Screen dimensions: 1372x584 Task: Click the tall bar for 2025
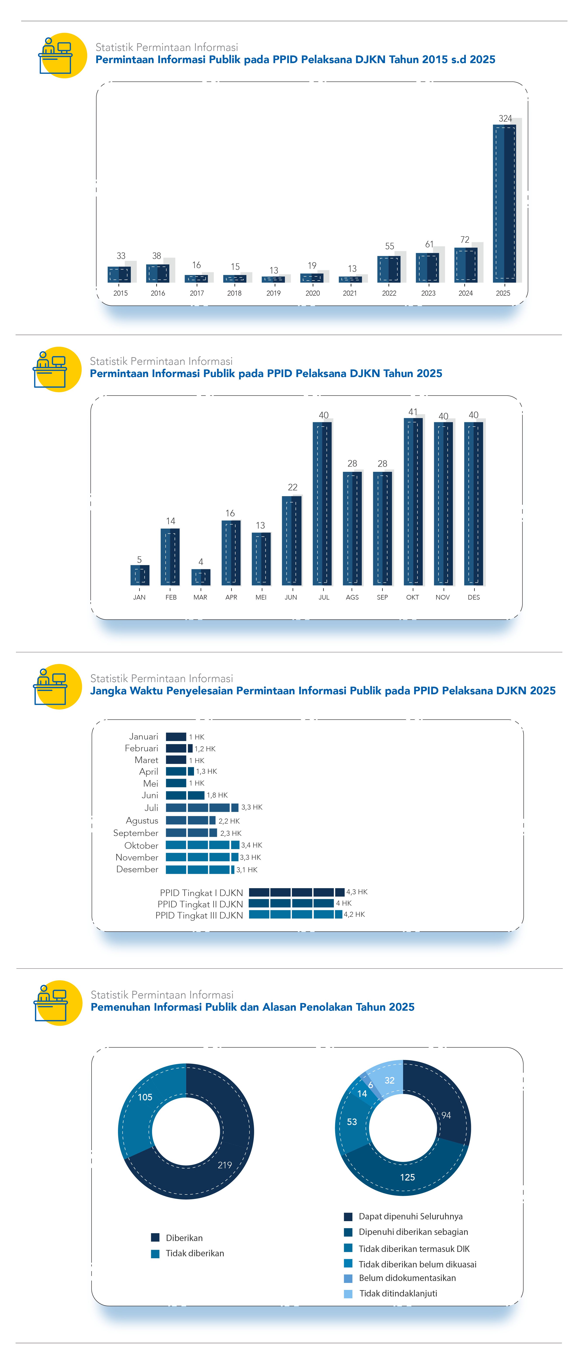point(504,202)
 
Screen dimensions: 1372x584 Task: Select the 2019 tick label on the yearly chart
point(273,293)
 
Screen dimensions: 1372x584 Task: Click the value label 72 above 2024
point(465,240)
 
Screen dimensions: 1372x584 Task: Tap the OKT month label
point(412,597)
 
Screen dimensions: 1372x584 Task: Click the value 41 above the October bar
point(413,412)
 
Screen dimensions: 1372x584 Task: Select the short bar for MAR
point(201,577)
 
